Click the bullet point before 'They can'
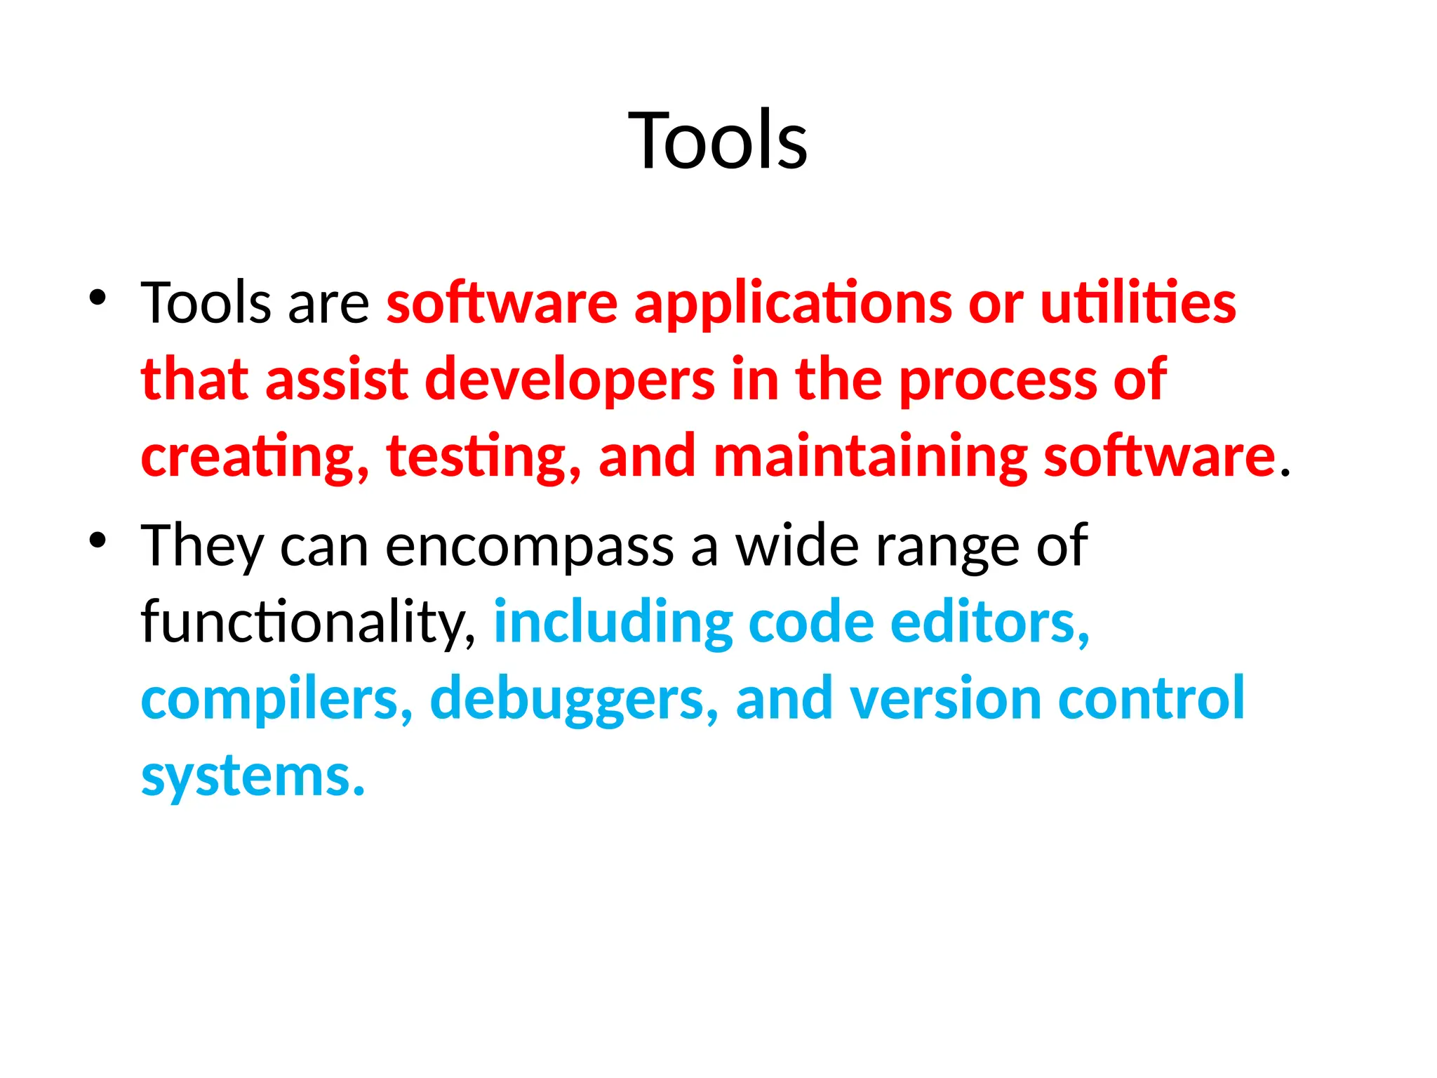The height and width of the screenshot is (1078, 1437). click(x=98, y=540)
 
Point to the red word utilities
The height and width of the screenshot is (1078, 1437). click(x=1137, y=303)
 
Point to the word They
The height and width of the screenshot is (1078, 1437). click(x=202, y=547)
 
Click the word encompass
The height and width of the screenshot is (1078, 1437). click(x=530, y=547)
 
